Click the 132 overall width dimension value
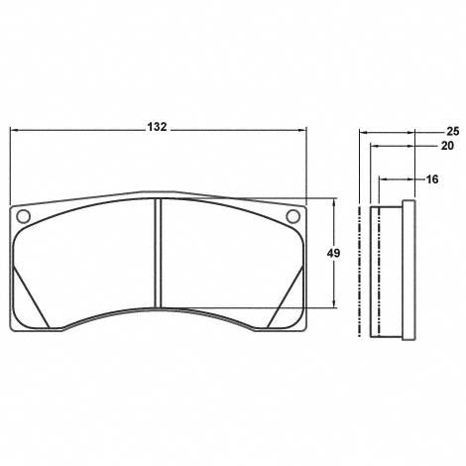(156, 128)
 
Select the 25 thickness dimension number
(452, 131)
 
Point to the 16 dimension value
(431, 179)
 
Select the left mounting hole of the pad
(25, 217)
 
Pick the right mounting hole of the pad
(291, 217)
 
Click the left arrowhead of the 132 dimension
(14, 129)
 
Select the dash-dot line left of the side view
(359, 268)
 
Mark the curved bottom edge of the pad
(159, 309)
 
